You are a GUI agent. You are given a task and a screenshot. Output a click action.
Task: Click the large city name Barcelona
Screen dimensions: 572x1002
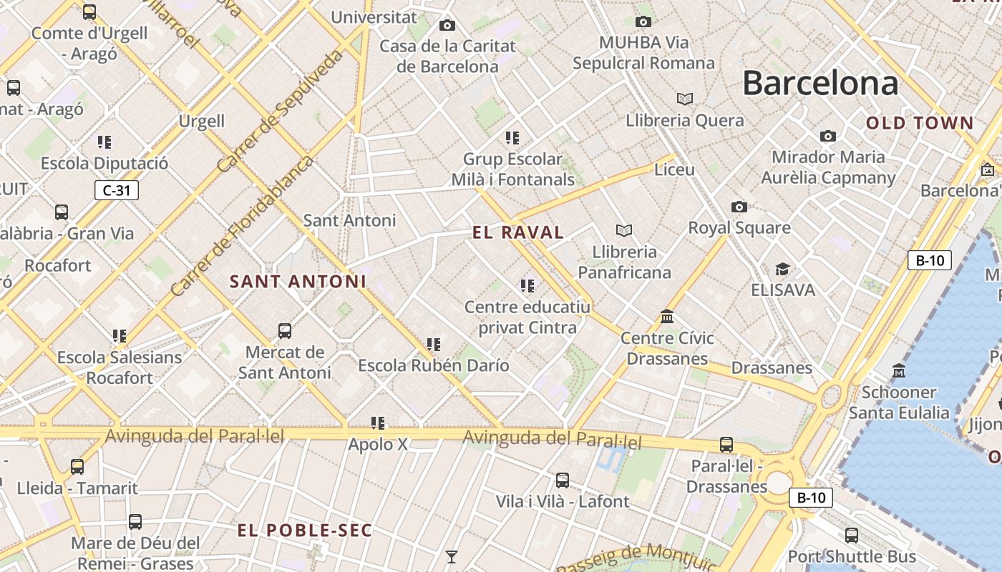[x=820, y=83]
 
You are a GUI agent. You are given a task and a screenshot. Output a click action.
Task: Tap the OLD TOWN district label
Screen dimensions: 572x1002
[x=920, y=123]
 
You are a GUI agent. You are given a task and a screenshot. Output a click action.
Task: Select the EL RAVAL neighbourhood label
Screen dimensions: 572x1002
[x=518, y=232]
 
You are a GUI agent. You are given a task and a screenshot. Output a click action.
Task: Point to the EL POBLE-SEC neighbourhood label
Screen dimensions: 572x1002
[x=305, y=531]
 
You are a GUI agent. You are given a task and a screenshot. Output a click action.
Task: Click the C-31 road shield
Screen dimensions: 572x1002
[x=116, y=190]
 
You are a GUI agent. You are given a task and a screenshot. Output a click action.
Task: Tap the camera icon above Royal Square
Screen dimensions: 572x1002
[x=739, y=207]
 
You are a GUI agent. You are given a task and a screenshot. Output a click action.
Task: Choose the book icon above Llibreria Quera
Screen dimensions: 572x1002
[x=685, y=99]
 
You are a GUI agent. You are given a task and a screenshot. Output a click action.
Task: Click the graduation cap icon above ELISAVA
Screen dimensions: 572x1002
[x=783, y=269]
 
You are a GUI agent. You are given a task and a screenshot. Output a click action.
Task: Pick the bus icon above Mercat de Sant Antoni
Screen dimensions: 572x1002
[x=285, y=330]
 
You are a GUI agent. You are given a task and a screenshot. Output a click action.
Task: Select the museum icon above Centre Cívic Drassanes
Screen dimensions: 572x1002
[x=667, y=316]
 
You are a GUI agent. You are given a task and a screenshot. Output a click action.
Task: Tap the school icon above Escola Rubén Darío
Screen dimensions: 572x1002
[x=433, y=345]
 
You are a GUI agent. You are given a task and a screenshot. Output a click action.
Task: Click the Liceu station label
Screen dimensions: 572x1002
[x=674, y=169]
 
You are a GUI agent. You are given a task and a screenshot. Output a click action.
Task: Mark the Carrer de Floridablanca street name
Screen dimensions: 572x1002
[x=242, y=226]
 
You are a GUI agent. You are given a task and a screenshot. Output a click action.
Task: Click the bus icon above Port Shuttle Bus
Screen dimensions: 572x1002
[x=852, y=535]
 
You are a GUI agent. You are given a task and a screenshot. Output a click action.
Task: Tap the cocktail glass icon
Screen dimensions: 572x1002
[x=452, y=556]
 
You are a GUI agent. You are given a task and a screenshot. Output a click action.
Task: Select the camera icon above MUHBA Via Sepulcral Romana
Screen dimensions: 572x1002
[x=643, y=21]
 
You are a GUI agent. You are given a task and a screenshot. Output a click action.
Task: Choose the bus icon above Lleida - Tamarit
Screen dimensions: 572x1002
[x=77, y=466]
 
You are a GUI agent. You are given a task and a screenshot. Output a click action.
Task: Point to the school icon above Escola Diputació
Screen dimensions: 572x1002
[x=104, y=142]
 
